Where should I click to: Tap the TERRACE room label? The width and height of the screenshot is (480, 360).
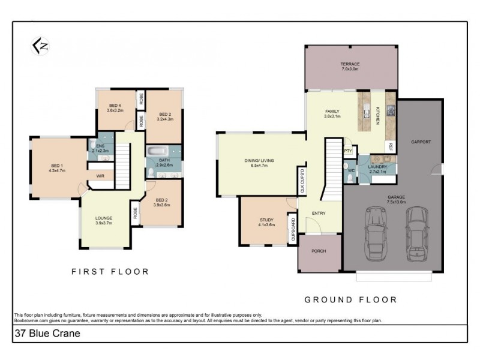coord(350,64)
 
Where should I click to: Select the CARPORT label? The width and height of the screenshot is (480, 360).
coord(421,142)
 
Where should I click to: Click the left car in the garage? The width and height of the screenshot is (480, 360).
coord(376,234)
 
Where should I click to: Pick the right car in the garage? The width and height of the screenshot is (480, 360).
coord(416,234)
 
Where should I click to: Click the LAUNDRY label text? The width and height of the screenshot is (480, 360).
coord(377,166)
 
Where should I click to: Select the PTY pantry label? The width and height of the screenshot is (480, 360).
coord(347,152)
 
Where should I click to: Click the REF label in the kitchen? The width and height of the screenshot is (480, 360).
coord(390,146)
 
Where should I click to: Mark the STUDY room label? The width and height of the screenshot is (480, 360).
coord(266,220)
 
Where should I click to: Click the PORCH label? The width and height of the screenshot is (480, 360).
coord(319,251)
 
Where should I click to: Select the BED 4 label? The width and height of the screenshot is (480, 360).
coord(115,106)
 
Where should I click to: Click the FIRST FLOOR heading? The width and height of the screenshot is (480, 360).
coord(110,272)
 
